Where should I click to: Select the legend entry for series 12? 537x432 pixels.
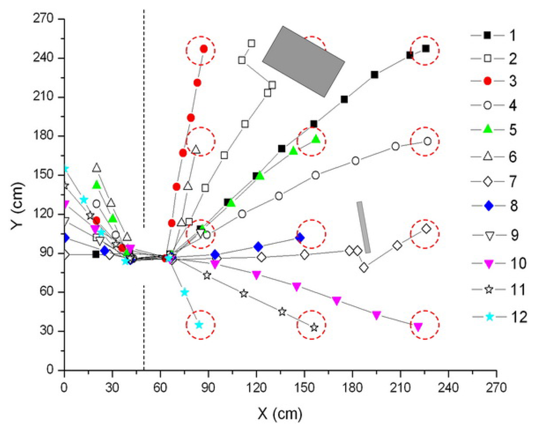[x=498, y=317]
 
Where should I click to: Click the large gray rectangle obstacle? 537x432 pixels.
[x=303, y=61]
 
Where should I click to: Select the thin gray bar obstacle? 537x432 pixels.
[x=363, y=227]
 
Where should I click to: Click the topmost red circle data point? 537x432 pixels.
[x=203, y=49]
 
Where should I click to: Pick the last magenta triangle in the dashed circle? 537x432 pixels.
[x=418, y=327]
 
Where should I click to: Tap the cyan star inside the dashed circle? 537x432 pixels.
[x=199, y=325]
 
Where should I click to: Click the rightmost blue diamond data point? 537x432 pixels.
[x=299, y=237]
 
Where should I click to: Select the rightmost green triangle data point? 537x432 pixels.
[x=316, y=139]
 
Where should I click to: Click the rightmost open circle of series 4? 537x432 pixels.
[x=427, y=141]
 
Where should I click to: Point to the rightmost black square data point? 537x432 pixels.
[x=426, y=49]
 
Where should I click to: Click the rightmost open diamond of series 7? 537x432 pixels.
[x=426, y=229]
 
